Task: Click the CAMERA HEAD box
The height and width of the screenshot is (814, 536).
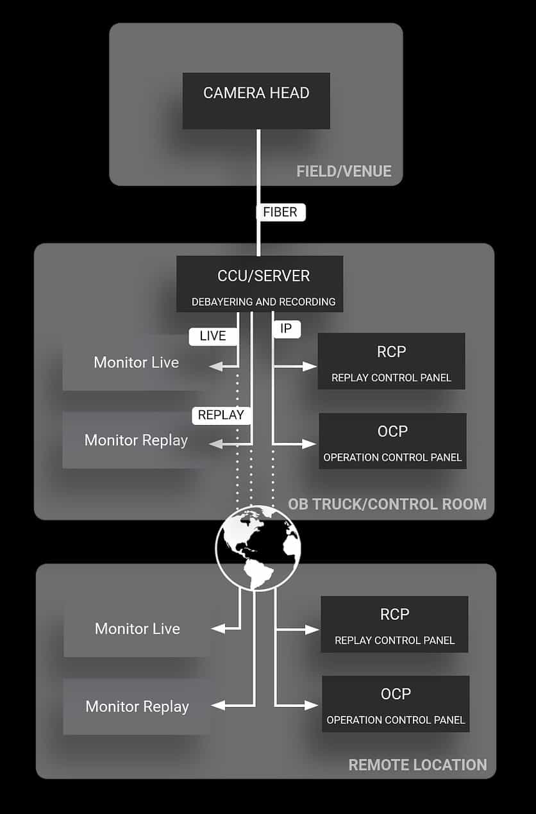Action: (x=256, y=100)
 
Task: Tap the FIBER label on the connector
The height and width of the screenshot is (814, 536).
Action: (x=280, y=212)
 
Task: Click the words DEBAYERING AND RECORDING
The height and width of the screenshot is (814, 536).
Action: (x=263, y=301)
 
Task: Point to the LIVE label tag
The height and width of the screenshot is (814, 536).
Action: (x=213, y=336)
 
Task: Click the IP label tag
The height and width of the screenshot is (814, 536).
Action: (x=286, y=329)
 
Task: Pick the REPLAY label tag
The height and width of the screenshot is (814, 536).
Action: (x=221, y=415)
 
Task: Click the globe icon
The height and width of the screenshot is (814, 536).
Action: (x=258, y=547)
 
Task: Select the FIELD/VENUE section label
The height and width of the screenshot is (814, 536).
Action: (x=344, y=171)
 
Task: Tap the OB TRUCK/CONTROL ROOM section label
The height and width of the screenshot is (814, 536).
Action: (x=387, y=504)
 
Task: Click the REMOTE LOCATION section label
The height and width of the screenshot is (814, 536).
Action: (x=417, y=765)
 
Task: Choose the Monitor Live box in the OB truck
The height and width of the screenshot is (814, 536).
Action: (x=136, y=362)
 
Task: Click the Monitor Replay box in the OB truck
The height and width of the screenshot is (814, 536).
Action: (x=136, y=440)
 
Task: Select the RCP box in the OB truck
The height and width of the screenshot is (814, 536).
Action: (x=391, y=361)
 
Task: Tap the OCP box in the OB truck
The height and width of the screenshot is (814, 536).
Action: (x=392, y=441)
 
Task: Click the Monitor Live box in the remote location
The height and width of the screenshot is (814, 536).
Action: (x=137, y=629)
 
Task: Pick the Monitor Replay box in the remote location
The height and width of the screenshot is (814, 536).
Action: (x=137, y=706)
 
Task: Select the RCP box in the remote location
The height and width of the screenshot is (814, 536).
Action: (x=394, y=624)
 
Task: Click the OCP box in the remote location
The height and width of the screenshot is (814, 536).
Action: (x=396, y=704)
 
